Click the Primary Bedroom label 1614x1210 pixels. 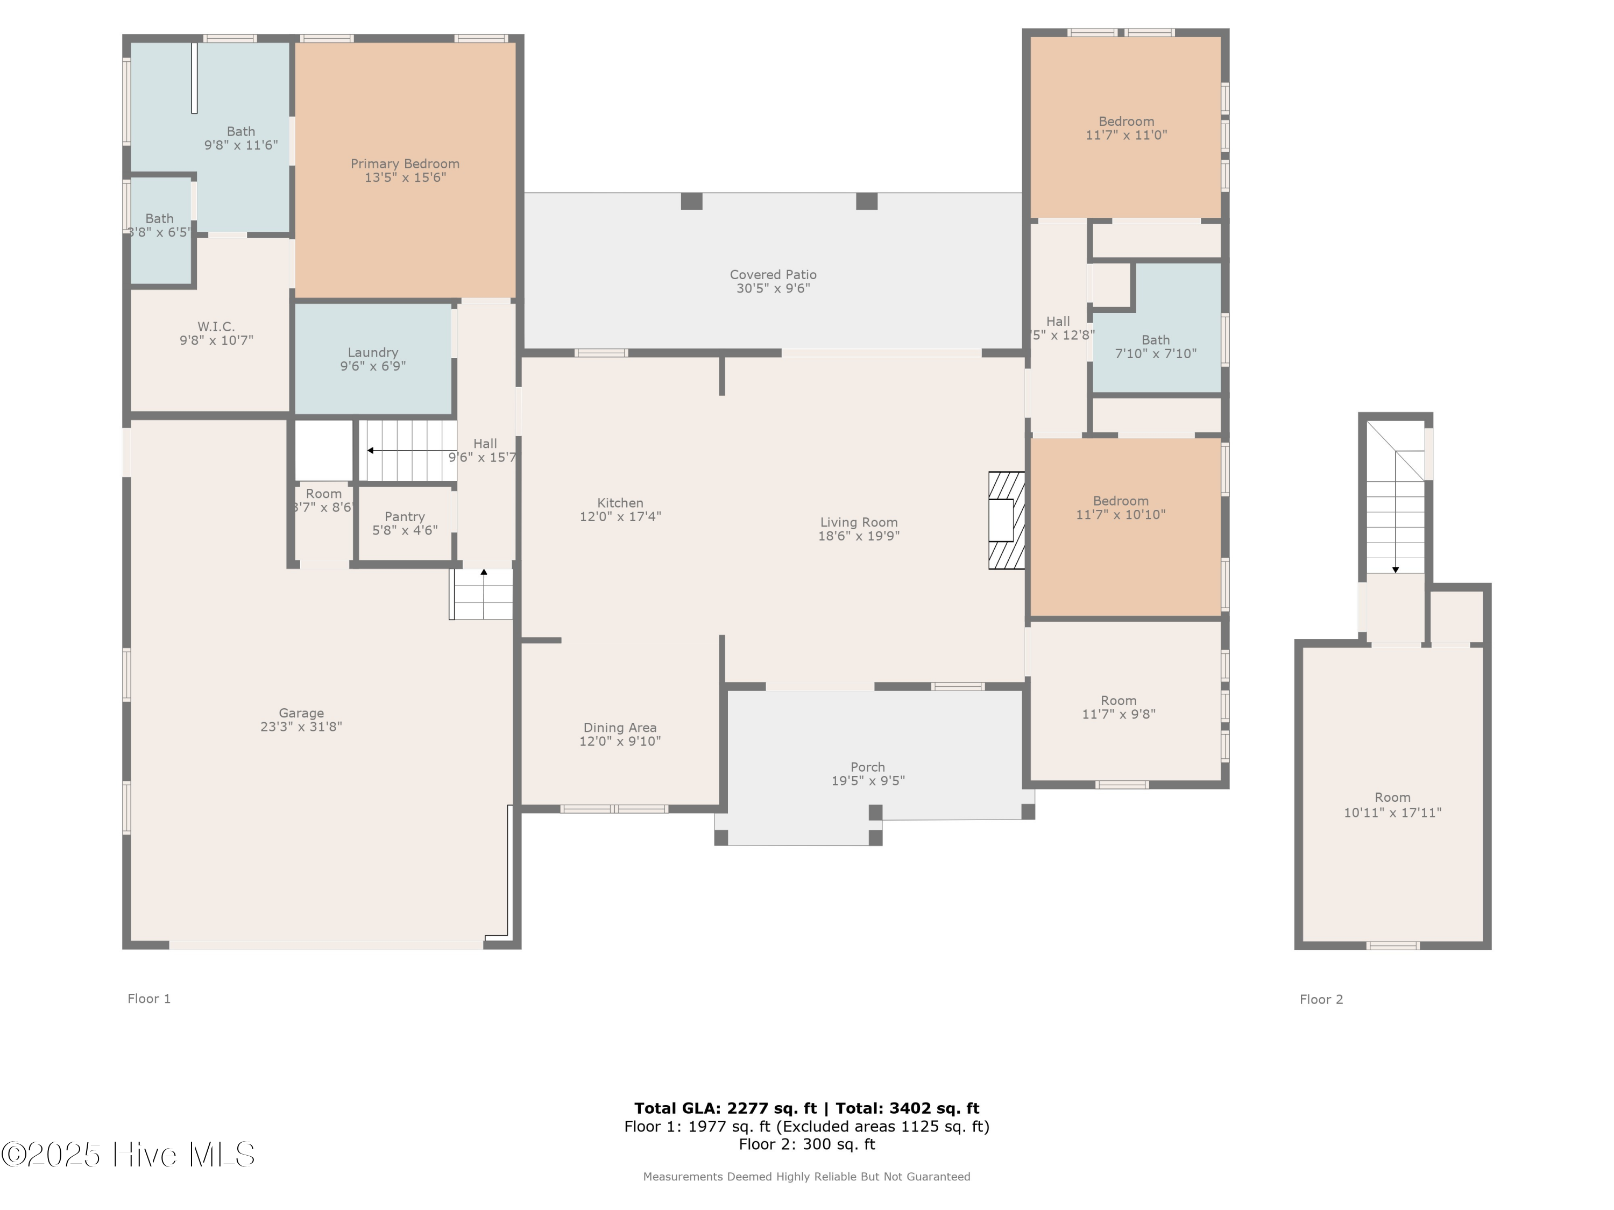tap(405, 164)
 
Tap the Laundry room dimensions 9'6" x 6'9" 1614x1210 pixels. tap(372, 366)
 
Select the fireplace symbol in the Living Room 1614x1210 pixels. tap(1006, 520)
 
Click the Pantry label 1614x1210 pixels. tap(404, 516)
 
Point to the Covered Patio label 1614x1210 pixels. tap(773, 275)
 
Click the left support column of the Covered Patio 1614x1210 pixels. tap(691, 201)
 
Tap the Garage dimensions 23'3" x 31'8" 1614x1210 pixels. tap(301, 727)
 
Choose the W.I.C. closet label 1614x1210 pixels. tap(216, 327)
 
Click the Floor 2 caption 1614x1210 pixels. tap(1321, 999)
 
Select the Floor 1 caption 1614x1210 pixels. tap(149, 999)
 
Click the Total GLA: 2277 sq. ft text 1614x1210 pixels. tap(725, 1108)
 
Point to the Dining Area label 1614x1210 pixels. tap(619, 728)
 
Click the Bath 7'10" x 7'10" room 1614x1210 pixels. tap(1155, 346)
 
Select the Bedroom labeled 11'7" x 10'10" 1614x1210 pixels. tap(1120, 508)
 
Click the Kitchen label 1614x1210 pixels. tap(619, 503)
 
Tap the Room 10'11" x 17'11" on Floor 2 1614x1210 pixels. tap(1392, 805)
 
